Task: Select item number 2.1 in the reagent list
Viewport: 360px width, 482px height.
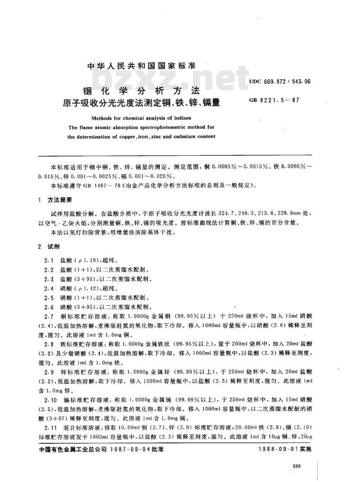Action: [48, 261]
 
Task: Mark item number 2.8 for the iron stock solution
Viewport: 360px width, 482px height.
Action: [48, 343]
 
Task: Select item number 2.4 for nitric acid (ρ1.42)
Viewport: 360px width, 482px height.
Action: [48, 288]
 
